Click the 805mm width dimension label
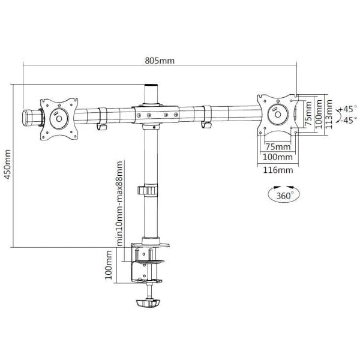(160, 61)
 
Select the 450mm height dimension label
(8, 164)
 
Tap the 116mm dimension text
(278, 170)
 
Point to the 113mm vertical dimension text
(329, 114)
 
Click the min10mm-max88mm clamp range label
(119, 203)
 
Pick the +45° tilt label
(348, 109)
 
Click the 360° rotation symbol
(284, 194)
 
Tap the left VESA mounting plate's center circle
(59, 119)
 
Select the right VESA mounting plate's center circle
(278, 114)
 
